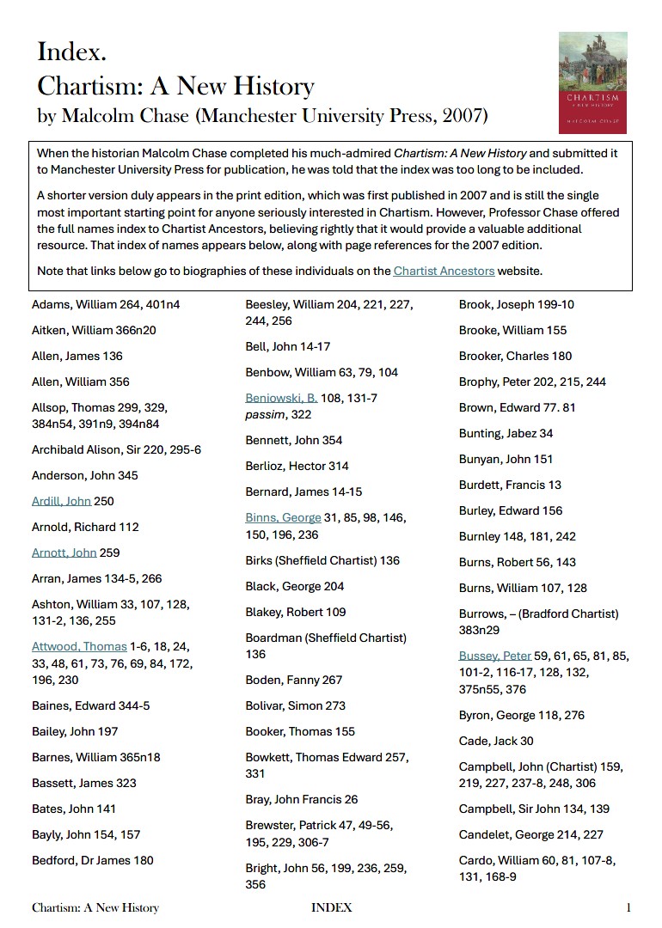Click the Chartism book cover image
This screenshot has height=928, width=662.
593,82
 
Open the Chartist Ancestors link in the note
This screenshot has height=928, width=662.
444,272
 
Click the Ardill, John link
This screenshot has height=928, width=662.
61,501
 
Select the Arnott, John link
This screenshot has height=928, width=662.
64,553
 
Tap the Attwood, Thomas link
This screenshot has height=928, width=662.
79,646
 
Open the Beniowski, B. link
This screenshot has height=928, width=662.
281,398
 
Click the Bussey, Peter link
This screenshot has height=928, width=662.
494,656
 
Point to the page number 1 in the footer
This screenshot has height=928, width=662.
629,907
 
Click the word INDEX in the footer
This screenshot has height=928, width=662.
331,907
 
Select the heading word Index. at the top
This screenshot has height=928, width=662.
72,52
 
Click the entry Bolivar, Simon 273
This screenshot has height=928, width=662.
295,705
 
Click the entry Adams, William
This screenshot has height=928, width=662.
106,304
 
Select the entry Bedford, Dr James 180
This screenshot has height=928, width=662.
93,860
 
